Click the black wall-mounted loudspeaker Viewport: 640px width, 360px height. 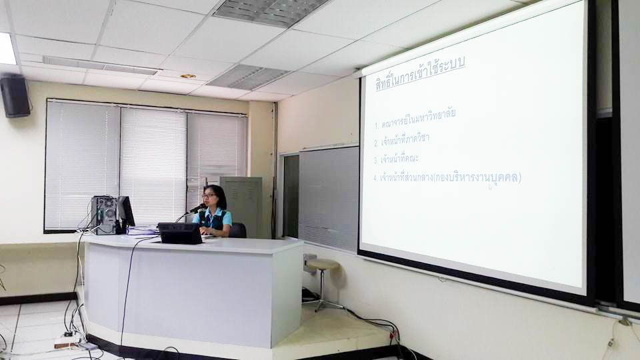pos(15,96)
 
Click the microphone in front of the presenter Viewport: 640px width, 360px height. pos(197,209)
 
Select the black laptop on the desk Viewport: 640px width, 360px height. pos(180,233)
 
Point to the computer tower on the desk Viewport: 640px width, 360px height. pos(104,215)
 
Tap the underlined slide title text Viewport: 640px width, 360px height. pos(420,74)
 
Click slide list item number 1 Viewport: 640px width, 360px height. pos(415,119)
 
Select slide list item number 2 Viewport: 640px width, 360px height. pos(401,141)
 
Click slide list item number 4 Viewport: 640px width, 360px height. pos(447,178)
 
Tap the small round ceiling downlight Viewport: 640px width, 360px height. pos(188,76)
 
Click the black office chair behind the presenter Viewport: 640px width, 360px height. pos(238,230)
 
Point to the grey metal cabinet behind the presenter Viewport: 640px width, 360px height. pos(241,206)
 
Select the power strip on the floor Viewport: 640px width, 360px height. pos(67,341)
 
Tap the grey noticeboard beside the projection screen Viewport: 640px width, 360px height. pos(329,199)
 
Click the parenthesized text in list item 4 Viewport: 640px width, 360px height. pos(477,178)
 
